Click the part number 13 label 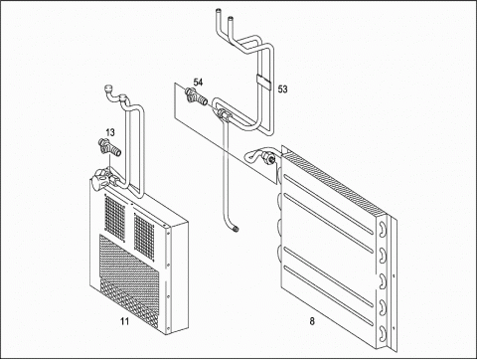[110, 132]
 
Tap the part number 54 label [198, 83]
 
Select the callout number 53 [282, 89]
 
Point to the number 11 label [124, 321]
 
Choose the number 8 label [312, 321]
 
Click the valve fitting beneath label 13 [110, 148]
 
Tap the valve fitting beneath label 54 [196, 95]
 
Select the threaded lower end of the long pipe [237, 229]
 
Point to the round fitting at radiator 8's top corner [268, 157]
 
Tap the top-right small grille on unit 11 [144, 235]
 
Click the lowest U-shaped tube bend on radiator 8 [384, 332]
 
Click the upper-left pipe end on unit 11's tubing [108, 89]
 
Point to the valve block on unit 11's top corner [102, 178]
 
